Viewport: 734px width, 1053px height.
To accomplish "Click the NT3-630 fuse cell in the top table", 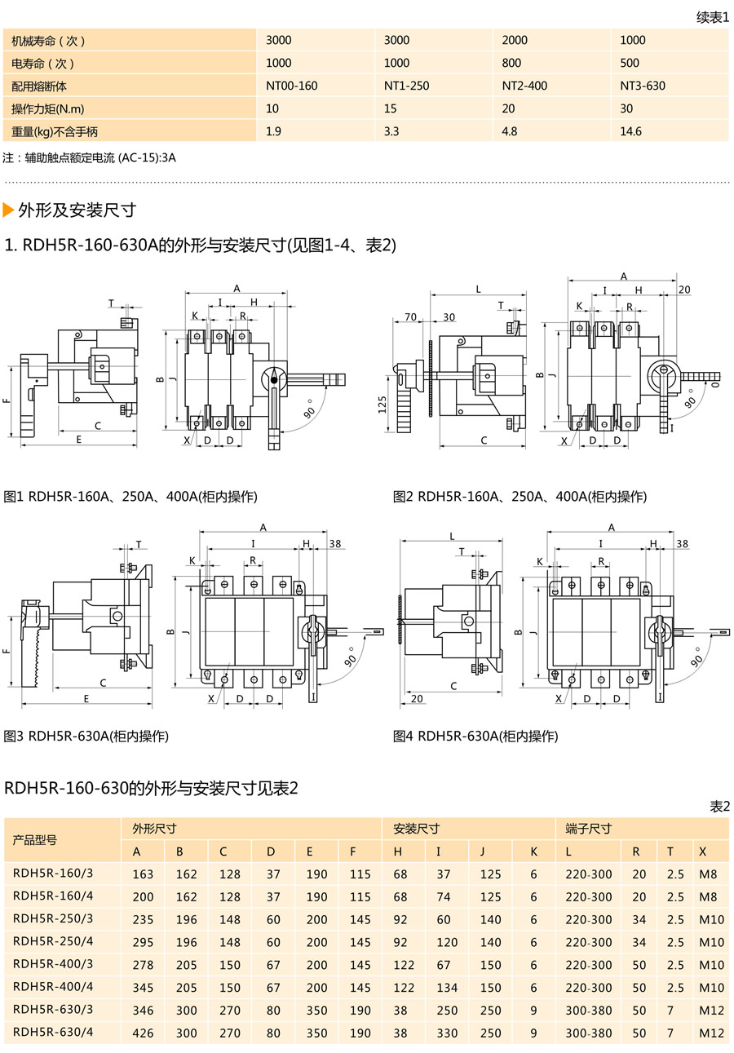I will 643,86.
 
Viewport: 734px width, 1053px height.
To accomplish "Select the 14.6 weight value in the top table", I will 630,131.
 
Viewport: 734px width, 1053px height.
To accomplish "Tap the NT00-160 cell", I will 292,86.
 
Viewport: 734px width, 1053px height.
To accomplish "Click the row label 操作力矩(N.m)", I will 48,108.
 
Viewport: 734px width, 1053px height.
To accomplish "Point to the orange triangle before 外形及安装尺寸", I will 9,210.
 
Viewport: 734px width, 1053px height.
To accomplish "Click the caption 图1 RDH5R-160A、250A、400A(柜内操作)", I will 130,497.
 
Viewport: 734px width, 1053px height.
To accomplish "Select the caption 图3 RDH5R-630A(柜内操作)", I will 86,736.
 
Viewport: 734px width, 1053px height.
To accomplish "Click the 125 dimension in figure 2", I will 383,405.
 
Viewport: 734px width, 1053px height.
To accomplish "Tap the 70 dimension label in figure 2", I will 410,317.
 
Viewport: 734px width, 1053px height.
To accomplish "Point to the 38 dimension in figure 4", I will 682,544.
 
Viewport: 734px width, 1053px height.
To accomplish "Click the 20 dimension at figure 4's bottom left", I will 417,698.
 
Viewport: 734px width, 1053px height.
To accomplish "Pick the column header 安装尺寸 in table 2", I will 416,829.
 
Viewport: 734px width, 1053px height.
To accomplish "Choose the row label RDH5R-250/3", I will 54,918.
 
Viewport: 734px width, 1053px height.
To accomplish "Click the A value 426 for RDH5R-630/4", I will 143,1033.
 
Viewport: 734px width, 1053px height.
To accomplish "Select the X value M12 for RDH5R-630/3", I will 711,1010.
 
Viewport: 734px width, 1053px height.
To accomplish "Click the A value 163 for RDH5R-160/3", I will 143,874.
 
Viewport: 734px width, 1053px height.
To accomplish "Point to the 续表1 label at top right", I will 713,17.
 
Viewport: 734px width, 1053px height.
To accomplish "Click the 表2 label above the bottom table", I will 719,806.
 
